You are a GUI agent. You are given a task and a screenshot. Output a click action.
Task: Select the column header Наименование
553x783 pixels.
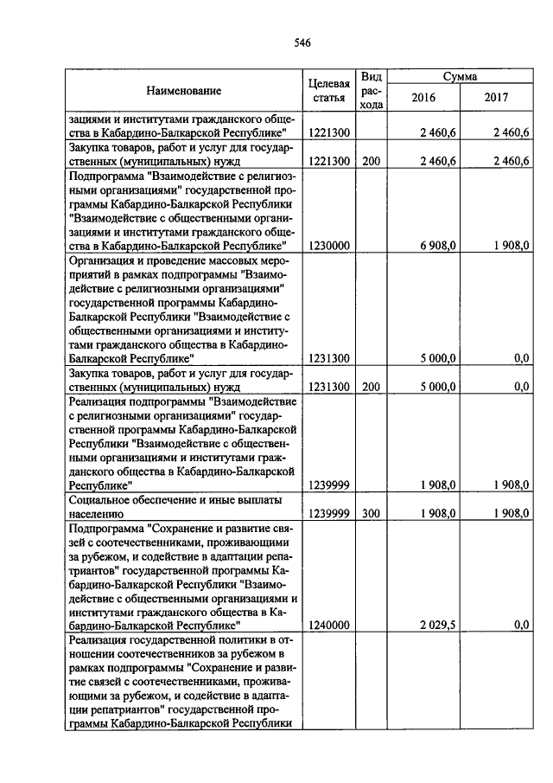point(182,91)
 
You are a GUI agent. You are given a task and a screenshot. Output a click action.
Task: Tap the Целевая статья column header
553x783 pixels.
point(328,91)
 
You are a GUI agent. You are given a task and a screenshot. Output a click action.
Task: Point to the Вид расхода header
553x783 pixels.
point(371,91)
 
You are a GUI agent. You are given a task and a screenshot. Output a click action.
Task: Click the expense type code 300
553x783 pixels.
point(371,513)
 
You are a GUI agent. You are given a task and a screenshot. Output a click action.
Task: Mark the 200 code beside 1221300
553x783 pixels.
point(371,161)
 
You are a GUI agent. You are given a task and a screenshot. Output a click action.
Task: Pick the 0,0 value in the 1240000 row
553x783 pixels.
point(520,624)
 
